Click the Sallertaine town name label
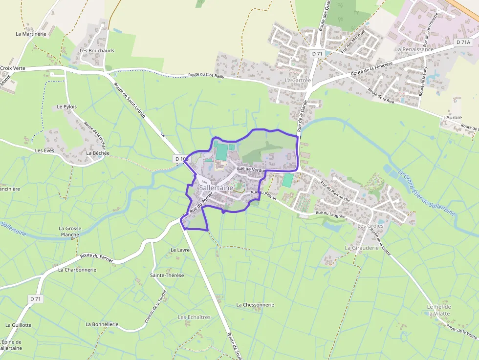216,188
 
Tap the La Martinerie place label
31,34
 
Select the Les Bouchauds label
97,50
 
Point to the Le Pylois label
67,106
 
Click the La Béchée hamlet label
98,153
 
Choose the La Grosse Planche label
70,231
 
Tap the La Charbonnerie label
77,269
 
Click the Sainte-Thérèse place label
167,275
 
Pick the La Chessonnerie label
255,304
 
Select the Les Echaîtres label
194,317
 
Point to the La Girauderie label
362,248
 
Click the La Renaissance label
414,49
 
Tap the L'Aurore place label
453,118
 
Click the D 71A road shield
463,42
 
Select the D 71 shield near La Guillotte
35,298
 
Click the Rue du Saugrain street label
330,213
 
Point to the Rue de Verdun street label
251,169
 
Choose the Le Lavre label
180,250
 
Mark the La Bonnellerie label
102,324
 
